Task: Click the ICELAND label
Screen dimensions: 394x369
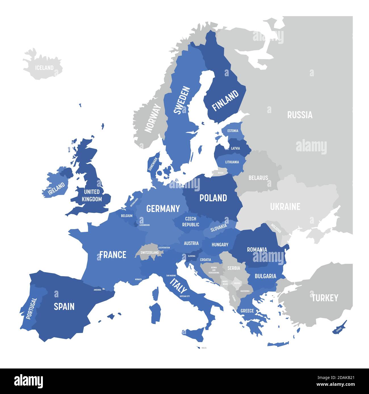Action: tap(44, 68)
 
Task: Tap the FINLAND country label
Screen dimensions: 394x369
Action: tap(225, 101)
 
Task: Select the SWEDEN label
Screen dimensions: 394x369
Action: tap(178, 100)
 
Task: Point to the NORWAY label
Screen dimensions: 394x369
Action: tap(152, 118)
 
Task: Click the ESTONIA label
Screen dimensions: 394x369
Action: tap(233, 131)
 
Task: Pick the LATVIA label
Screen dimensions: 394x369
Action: tap(235, 148)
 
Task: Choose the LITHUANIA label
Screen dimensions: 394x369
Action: tap(232, 162)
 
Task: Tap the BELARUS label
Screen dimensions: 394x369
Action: tap(258, 178)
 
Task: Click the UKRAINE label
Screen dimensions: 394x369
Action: tap(285, 207)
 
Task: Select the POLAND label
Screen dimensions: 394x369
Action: tap(213, 198)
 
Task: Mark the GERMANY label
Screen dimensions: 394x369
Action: tap(163, 209)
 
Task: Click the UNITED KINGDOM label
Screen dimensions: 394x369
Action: tap(92, 196)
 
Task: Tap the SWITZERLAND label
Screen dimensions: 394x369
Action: tap(150, 253)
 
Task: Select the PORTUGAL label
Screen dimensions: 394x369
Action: tap(31, 309)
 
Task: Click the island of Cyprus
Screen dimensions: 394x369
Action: tap(339, 328)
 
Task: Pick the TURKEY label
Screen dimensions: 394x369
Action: tap(325, 298)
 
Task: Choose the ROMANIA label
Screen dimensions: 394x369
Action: tap(257, 249)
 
